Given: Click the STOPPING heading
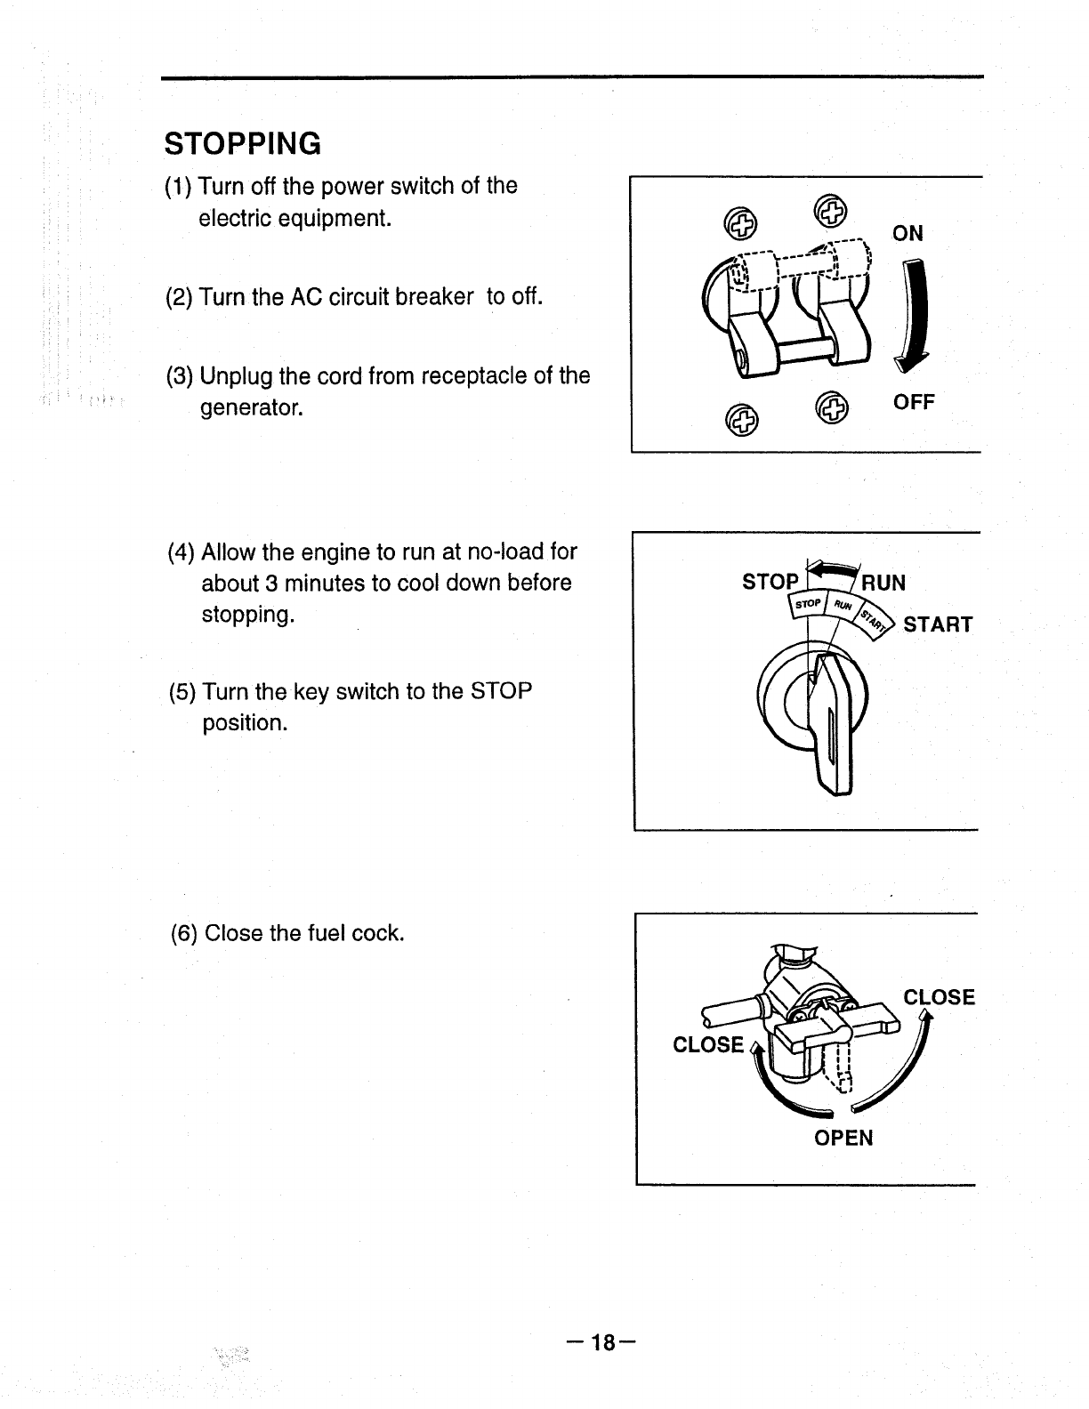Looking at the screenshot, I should [242, 143].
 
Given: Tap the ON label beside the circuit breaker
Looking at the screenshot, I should [907, 234].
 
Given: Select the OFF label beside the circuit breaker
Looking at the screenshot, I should [914, 403].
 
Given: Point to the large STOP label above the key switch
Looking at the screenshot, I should [770, 583].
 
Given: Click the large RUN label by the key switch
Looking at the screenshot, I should [883, 584].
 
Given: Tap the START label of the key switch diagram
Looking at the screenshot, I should [938, 624].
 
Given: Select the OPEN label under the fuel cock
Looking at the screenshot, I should [843, 1139].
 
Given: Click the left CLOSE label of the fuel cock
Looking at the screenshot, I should [708, 1044].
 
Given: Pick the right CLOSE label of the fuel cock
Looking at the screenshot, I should [939, 997].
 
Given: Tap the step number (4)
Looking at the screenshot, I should [181, 552].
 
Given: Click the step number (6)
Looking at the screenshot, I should [184, 934].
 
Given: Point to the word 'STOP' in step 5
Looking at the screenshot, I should [501, 691].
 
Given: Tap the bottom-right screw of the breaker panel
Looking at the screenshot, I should [833, 408].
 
